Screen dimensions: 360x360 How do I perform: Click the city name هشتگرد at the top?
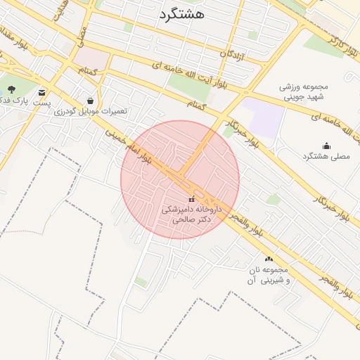181,13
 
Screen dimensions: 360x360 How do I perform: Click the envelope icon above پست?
42,93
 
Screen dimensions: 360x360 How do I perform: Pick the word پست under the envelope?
42,103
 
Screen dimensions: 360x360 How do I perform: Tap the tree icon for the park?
11,89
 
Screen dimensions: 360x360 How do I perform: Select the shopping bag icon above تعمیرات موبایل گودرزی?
90,101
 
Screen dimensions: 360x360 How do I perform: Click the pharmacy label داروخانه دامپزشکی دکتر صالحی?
191,214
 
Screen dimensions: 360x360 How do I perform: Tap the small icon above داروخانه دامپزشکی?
192,200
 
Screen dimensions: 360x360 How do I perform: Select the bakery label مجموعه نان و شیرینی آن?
267,275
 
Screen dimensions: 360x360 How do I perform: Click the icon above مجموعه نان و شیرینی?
268,259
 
